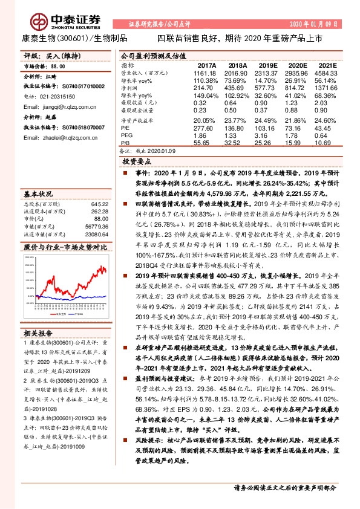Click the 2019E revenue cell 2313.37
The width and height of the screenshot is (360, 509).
(x=265, y=72)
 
